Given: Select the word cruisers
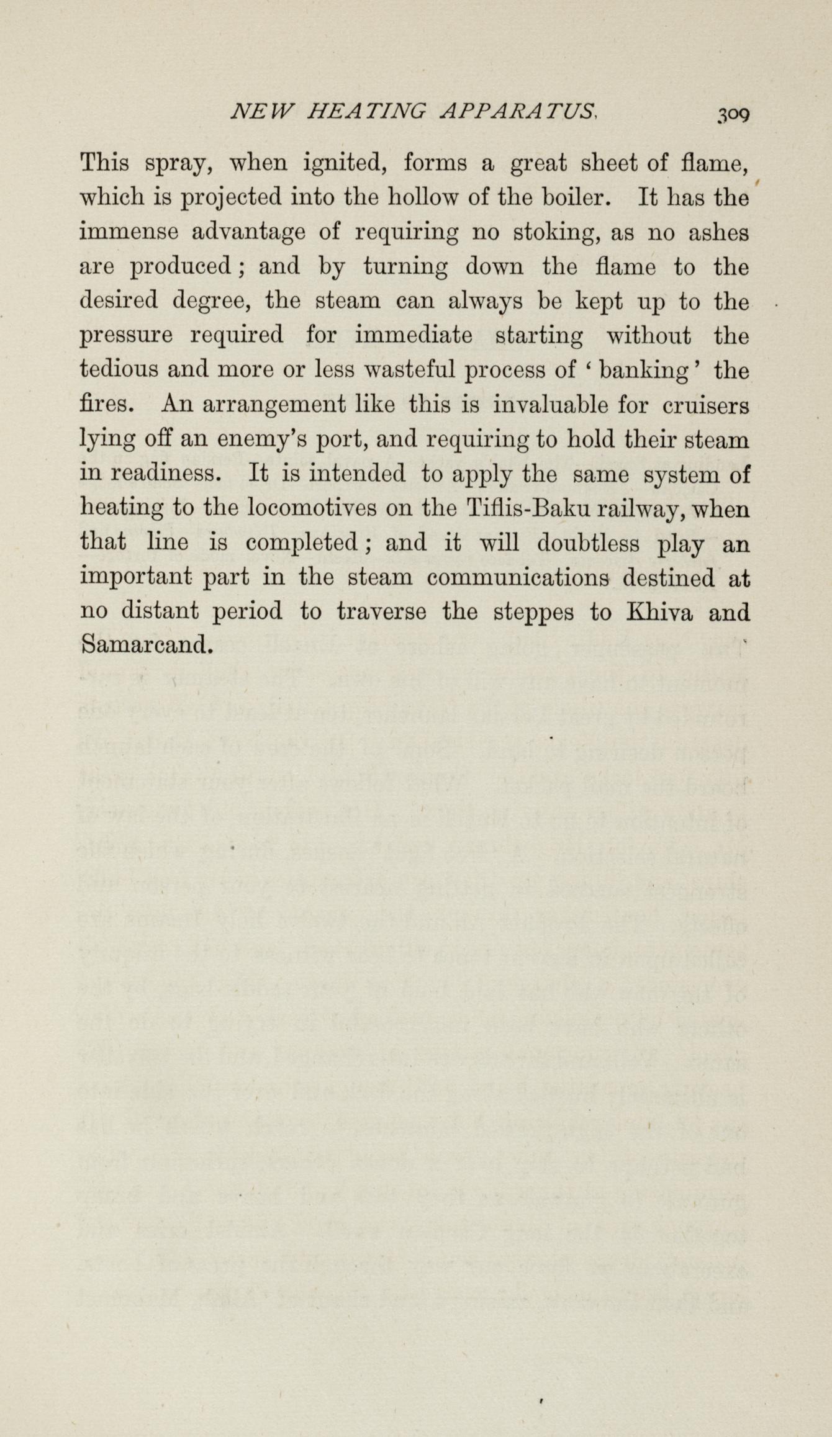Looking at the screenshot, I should [705, 405].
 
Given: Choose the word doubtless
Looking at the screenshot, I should [588, 543].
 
